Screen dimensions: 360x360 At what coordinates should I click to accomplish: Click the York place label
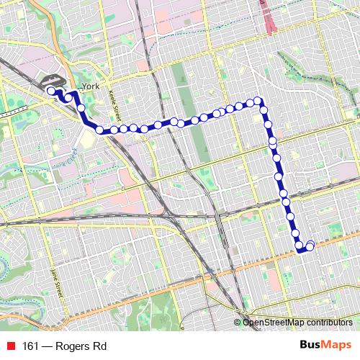[x=90, y=86]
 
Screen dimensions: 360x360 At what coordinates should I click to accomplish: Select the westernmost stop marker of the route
[x=51, y=91]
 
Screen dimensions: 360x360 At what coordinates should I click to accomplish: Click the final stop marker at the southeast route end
[x=310, y=246]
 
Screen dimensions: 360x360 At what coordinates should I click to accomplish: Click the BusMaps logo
[x=325, y=345]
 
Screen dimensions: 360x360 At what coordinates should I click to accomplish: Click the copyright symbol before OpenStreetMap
[x=238, y=323]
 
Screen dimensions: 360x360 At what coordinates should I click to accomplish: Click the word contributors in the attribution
[x=330, y=323]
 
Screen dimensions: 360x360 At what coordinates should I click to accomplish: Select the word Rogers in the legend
[x=75, y=346]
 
